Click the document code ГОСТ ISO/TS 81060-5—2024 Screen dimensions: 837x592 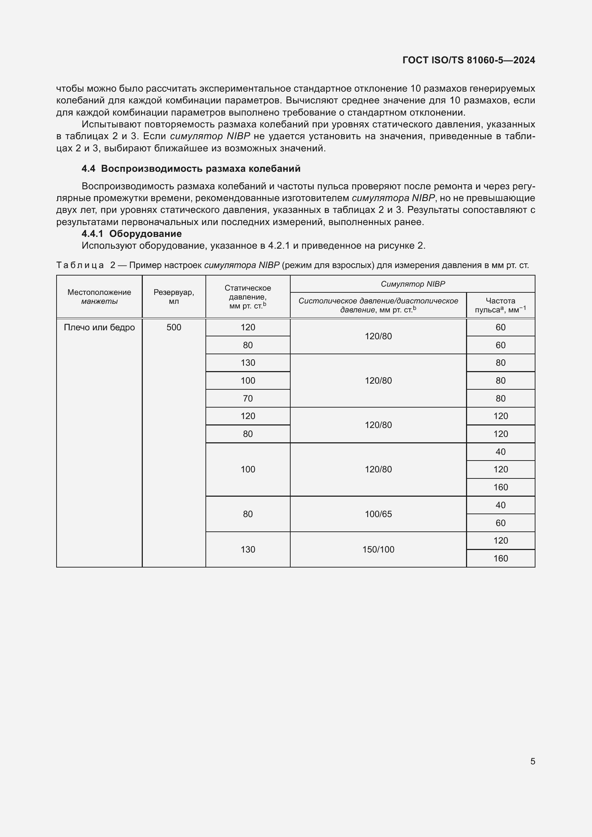coord(469,60)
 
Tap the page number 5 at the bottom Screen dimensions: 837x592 coord(533,761)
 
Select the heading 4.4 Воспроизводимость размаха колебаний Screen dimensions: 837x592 coord(191,169)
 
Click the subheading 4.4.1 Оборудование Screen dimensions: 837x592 coord(132,234)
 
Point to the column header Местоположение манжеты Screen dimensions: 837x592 coord(99,297)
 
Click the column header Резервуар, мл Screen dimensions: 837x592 coord(174,297)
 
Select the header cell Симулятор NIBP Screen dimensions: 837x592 coord(413,284)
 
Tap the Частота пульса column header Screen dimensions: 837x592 coord(500,306)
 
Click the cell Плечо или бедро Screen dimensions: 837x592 coord(99,327)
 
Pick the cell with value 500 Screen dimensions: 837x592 coord(174,327)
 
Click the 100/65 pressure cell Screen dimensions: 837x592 coord(378,514)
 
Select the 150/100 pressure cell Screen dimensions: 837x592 coord(378,549)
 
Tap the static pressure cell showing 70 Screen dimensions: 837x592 coord(248,398)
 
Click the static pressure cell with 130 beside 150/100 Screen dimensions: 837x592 coord(248,549)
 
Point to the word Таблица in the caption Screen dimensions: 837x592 coord(80,265)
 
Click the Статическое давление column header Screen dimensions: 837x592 coord(248,297)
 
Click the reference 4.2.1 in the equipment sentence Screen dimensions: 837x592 coord(278,246)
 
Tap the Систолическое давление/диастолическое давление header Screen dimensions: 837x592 coord(378,306)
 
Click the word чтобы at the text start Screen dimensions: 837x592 coord(71,89)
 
